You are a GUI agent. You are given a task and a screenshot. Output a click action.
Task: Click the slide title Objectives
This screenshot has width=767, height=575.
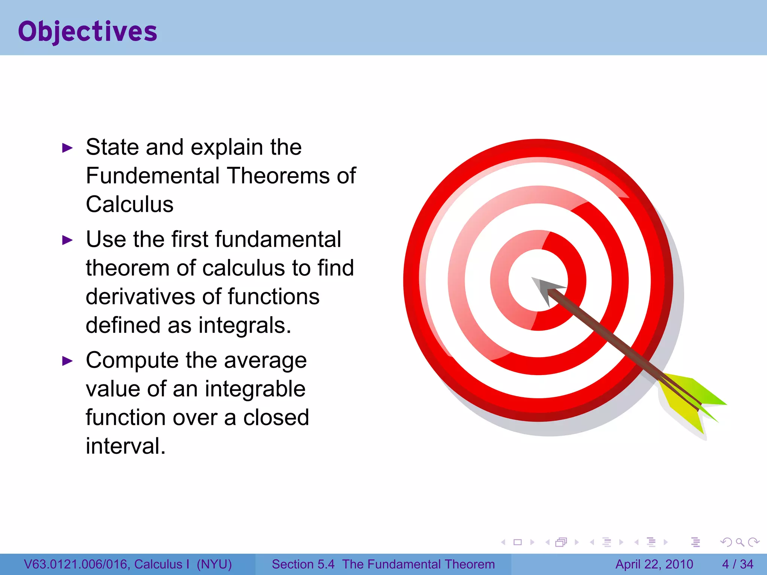[88, 31]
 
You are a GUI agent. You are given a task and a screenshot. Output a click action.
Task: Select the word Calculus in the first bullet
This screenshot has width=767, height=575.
[130, 204]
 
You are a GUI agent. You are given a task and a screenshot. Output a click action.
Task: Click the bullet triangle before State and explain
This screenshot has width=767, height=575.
[67, 148]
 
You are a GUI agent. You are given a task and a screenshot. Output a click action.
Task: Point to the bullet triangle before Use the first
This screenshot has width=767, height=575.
[67, 240]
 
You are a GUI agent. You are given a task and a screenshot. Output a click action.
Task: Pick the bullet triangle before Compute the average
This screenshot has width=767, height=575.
[67, 361]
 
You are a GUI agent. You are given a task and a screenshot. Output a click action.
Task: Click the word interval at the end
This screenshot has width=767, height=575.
[125, 446]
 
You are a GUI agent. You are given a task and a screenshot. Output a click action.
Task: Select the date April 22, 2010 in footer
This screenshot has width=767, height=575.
[654, 564]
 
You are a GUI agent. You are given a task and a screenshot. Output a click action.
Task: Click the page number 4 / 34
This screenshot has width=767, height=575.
[737, 564]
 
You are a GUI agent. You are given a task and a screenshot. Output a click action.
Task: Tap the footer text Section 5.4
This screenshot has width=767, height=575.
[303, 564]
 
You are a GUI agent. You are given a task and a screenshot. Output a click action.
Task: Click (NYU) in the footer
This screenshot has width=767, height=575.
[214, 564]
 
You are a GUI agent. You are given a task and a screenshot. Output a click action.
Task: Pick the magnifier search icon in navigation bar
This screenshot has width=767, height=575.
[740, 542]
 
